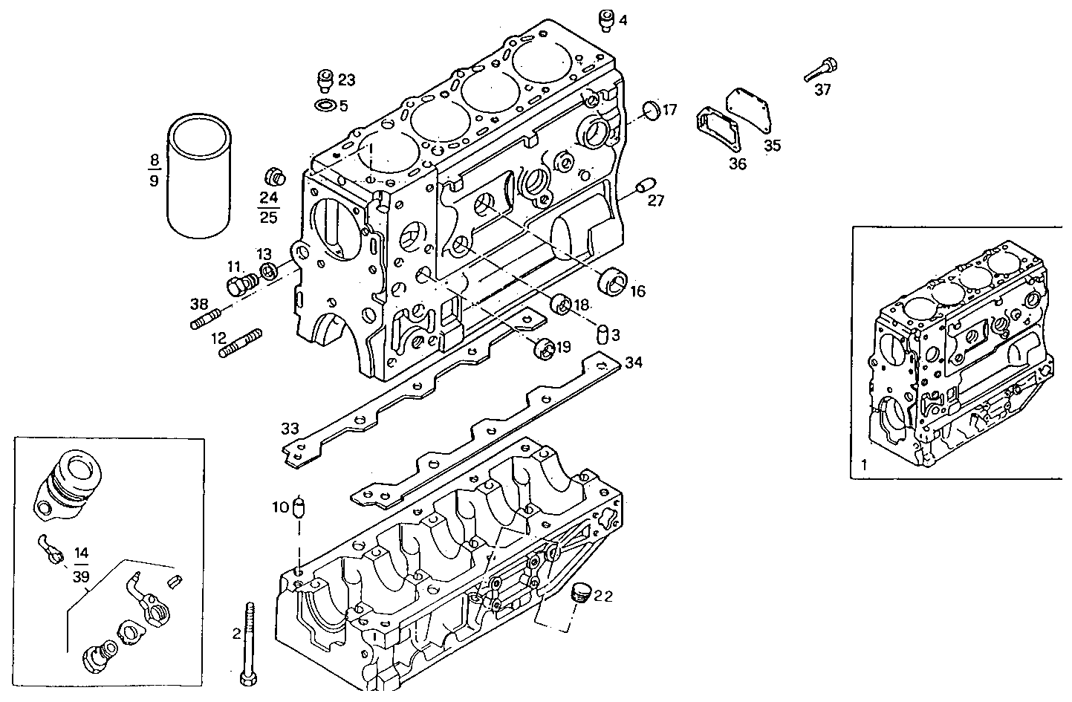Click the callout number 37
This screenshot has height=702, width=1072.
(822, 90)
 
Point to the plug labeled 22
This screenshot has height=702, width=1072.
(580, 594)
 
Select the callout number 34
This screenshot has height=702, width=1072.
(633, 363)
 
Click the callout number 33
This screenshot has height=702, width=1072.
(290, 429)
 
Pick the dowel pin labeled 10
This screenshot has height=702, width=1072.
(300, 507)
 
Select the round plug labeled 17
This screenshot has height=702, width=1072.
(650, 110)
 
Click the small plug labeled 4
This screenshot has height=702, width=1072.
(607, 20)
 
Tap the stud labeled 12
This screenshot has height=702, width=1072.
(241, 343)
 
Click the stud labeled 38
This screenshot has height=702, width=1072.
(209, 322)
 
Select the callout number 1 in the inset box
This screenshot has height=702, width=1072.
(863, 466)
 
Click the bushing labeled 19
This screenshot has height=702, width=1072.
(545, 348)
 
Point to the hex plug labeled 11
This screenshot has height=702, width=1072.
(240, 286)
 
